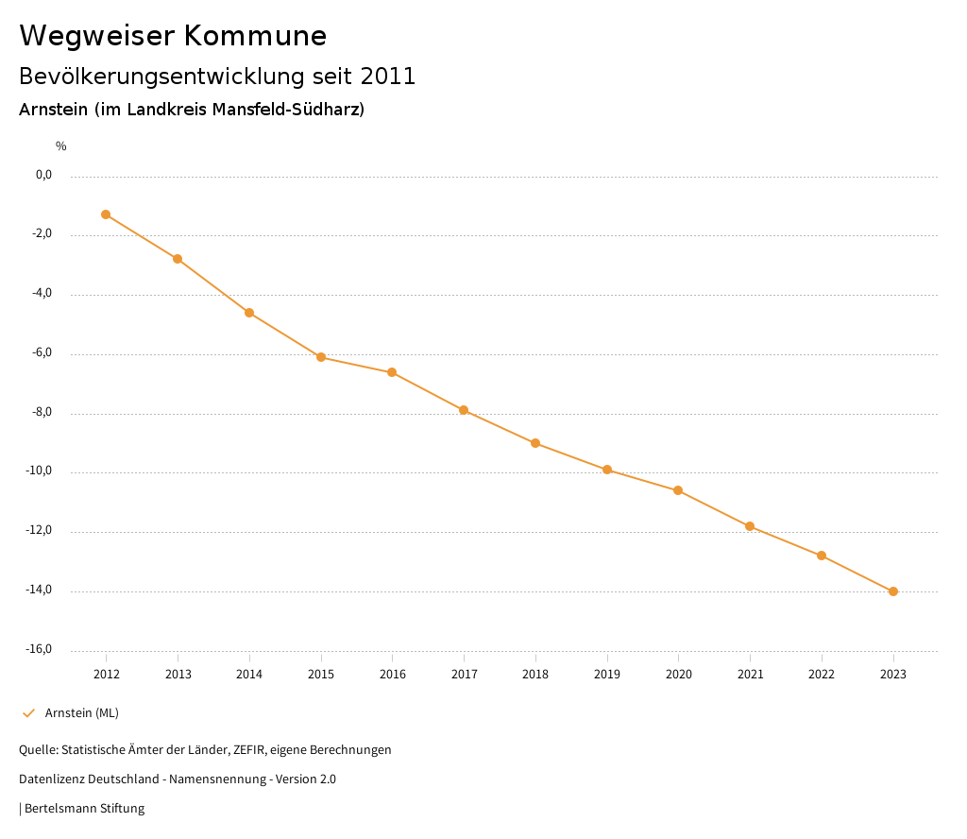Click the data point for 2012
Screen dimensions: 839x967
(106, 214)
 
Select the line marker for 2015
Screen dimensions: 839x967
(321, 357)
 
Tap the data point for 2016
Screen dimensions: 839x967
(392, 372)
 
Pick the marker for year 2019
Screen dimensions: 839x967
(607, 470)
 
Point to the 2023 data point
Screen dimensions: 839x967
(893, 591)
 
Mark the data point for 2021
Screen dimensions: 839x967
(750, 526)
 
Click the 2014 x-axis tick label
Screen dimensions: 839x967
(249, 674)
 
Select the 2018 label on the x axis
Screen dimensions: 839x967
(535, 674)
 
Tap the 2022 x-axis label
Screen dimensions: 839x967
(822, 674)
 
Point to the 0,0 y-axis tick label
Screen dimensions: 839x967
(43, 175)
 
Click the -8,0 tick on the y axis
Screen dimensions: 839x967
(42, 412)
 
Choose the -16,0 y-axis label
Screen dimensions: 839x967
(39, 649)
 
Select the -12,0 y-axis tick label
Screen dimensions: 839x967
(39, 530)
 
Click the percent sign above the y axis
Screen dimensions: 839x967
(61, 146)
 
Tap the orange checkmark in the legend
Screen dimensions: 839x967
(28, 713)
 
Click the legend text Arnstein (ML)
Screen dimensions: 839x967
(82, 712)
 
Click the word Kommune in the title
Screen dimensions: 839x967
(255, 36)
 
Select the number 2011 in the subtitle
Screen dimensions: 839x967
(388, 77)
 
